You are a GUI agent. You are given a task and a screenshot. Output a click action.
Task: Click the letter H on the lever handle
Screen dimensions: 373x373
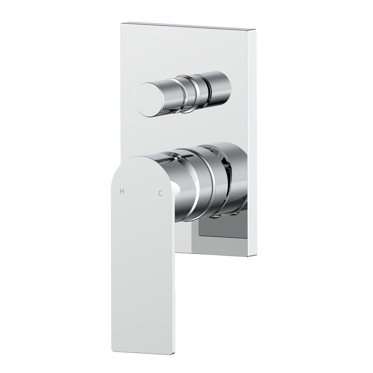click(123, 191)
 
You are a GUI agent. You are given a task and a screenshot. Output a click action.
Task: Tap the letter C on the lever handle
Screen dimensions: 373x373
click(160, 193)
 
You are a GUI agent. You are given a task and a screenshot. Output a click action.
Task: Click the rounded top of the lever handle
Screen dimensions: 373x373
click(140, 161)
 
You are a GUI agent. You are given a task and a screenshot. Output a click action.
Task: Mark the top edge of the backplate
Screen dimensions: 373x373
click(186, 24)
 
